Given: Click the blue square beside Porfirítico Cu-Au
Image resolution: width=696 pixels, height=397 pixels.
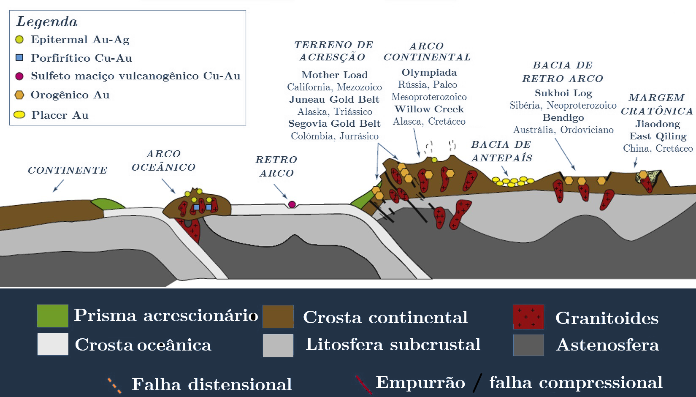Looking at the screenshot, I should tap(19, 57).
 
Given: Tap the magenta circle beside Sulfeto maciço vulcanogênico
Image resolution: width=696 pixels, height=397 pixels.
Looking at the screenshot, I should tap(19, 76).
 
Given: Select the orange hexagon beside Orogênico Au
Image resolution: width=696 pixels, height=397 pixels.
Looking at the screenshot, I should tap(19, 95).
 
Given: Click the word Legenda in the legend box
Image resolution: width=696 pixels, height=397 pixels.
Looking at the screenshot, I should tap(47, 22).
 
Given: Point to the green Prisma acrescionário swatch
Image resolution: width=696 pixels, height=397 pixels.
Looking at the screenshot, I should tap(53, 316).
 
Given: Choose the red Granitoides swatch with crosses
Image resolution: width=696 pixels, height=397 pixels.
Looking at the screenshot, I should tap(528, 317).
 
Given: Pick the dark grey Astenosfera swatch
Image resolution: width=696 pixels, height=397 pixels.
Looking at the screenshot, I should tap(528, 345).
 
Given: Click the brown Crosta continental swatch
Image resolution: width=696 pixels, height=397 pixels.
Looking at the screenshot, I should tap(278, 317).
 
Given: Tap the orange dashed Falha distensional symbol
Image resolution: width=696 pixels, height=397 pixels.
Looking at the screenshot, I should tap(114, 385).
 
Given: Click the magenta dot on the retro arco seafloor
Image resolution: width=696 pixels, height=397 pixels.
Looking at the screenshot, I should tap(292, 204).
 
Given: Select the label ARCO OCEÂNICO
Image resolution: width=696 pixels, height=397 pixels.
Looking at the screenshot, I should tap(163, 160).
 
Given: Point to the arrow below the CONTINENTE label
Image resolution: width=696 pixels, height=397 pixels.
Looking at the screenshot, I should tap(58, 186).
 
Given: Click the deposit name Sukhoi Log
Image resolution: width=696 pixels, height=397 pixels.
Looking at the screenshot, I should tap(563, 93).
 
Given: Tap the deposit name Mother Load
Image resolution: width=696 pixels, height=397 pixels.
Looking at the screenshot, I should tap(334, 75).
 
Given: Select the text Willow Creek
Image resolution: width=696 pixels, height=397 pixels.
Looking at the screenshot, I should tap(429, 109).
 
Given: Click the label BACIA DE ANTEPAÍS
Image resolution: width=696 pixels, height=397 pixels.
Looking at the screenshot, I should tap(501, 151).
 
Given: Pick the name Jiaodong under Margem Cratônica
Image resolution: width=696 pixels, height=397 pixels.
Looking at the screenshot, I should tap(658, 124).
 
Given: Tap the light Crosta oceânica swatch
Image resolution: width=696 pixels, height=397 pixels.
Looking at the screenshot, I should tap(53, 344).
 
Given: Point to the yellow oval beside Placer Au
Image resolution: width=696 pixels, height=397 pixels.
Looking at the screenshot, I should tap(19, 114).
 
